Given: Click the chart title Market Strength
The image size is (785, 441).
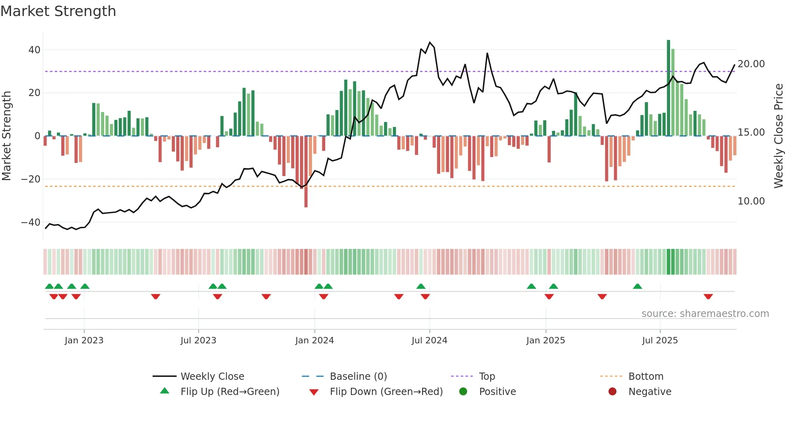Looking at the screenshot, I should [x=58, y=11].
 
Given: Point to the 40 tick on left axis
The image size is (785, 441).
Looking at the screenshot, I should [x=34, y=50].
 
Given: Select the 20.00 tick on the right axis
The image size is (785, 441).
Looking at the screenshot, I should [x=751, y=64].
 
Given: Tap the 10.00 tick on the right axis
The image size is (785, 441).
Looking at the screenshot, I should [x=751, y=201].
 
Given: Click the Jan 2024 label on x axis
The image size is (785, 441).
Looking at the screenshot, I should [x=314, y=341].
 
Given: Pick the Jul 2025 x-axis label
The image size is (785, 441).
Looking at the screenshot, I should [x=660, y=341].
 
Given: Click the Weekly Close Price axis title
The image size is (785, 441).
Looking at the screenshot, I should [x=778, y=136].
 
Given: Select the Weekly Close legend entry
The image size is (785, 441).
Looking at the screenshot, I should [x=212, y=377].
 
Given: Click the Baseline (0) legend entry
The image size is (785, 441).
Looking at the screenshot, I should [x=358, y=377].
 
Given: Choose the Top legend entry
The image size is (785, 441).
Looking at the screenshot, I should [x=487, y=377].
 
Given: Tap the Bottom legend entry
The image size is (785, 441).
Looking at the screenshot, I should [x=646, y=377].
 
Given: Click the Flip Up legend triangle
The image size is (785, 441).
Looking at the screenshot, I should [x=165, y=391].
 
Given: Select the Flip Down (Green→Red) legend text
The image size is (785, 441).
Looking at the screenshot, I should [x=386, y=392].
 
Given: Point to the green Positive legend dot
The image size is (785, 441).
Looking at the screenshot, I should [x=463, y=391].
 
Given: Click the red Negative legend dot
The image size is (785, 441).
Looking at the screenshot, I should [x=612, y=391].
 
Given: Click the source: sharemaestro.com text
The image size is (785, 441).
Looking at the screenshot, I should [x=705, y=314].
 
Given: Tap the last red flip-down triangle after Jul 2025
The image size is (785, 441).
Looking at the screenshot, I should [x=708, y=297].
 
